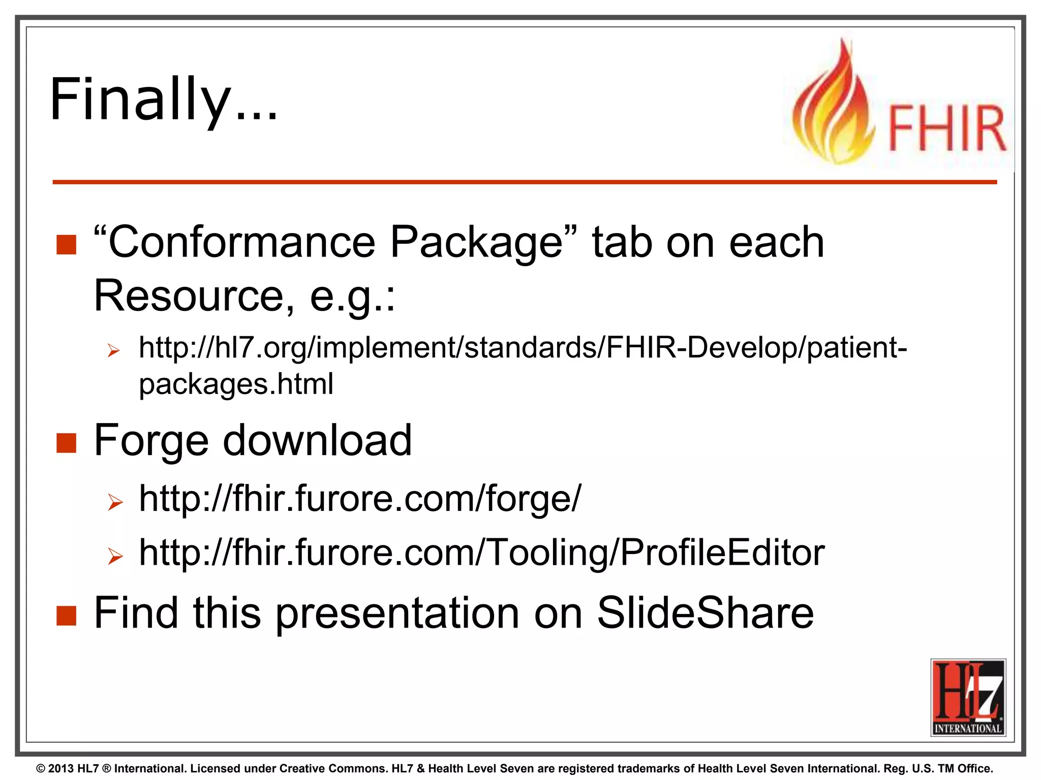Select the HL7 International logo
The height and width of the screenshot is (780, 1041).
tap(968, 697)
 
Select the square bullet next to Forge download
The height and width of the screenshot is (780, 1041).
tap(66, 443)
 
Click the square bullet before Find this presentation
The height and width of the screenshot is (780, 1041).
tap(66, 615)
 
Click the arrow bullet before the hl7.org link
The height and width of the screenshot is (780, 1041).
tap(114, 350)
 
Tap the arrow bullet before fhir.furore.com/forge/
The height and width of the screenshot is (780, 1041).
tap(115, 502)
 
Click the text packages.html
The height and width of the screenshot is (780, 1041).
tap(236, 384)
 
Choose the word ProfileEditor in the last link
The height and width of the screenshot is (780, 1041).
tap(722, 552)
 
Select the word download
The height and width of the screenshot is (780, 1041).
tap(318, 440)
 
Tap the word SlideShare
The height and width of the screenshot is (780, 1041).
tap(705, 613)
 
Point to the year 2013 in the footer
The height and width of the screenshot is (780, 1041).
tap(62, 769)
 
